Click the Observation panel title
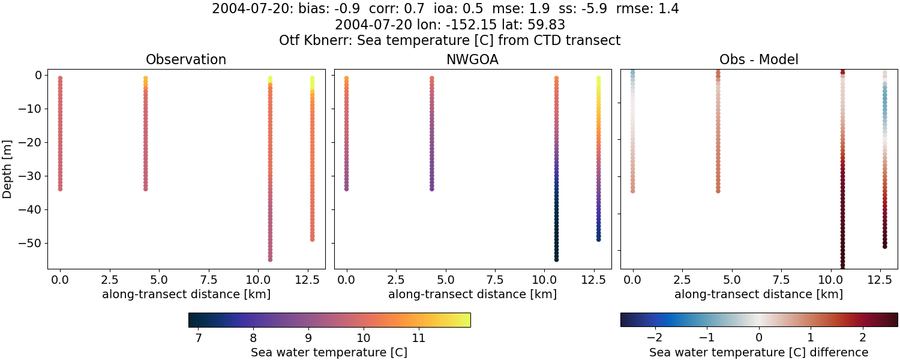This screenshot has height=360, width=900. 186,59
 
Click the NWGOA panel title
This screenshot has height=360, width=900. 472,59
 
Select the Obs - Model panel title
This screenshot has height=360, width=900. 758,59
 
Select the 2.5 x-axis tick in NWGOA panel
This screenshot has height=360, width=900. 396,280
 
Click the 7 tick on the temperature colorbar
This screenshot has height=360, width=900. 198,338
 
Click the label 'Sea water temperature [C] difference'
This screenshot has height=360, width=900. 758,352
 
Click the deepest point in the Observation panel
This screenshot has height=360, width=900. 270,259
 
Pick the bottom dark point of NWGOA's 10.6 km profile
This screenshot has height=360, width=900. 556,259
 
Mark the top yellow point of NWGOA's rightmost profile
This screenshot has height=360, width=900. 598,78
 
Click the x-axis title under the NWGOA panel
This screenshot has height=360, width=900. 472,294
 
